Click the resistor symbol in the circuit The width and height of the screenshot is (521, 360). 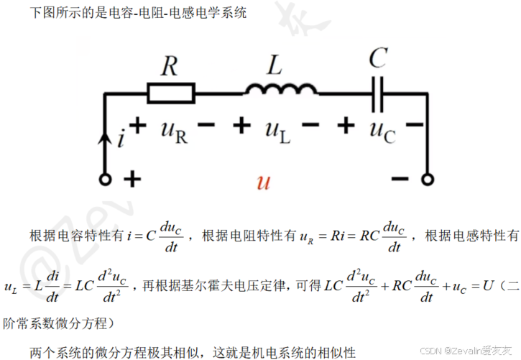171,92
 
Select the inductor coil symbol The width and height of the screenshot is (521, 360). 280,89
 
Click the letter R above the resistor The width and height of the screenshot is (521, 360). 169,67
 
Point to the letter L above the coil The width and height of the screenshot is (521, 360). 275,66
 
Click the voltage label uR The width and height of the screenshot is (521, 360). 174,131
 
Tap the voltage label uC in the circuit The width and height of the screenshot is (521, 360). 382,130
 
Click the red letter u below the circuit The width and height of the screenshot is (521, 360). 263,183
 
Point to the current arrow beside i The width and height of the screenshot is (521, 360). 106,137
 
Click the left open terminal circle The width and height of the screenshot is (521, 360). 106,180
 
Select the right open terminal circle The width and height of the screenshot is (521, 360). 427,180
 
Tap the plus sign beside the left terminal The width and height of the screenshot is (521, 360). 132,179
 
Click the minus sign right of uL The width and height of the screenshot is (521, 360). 310,126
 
